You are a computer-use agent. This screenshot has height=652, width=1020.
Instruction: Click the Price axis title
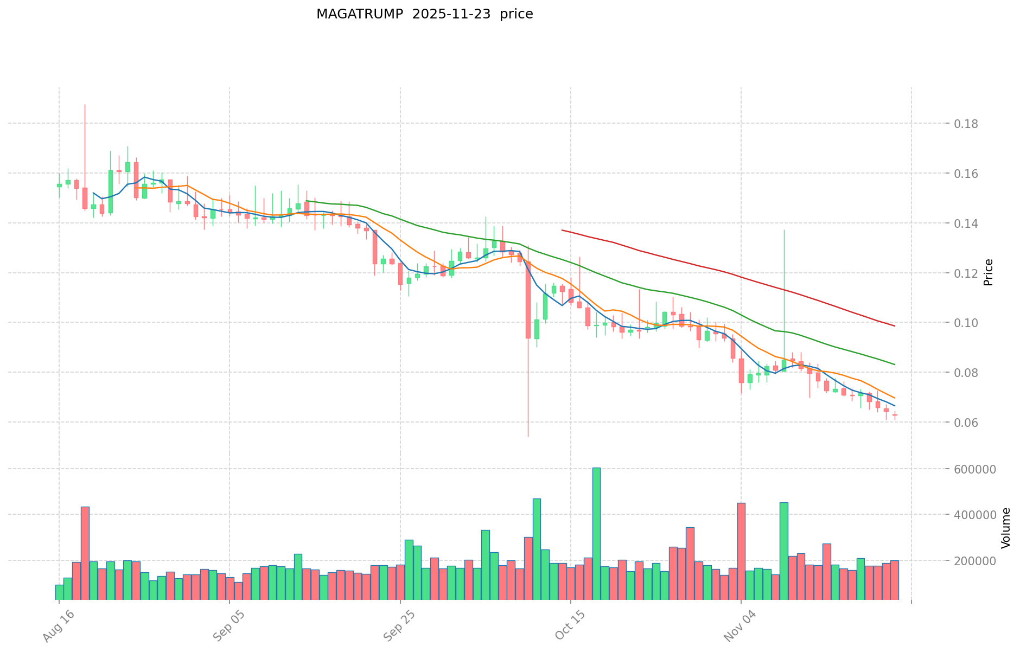989,272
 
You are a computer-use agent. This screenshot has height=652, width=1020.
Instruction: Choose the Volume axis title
1006,528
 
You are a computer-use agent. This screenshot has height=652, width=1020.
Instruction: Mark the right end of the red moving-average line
894,325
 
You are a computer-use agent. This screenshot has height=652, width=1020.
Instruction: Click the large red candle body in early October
528,296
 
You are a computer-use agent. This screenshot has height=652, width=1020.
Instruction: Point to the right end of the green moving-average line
894,364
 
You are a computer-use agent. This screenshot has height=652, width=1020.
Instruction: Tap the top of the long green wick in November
783,231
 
